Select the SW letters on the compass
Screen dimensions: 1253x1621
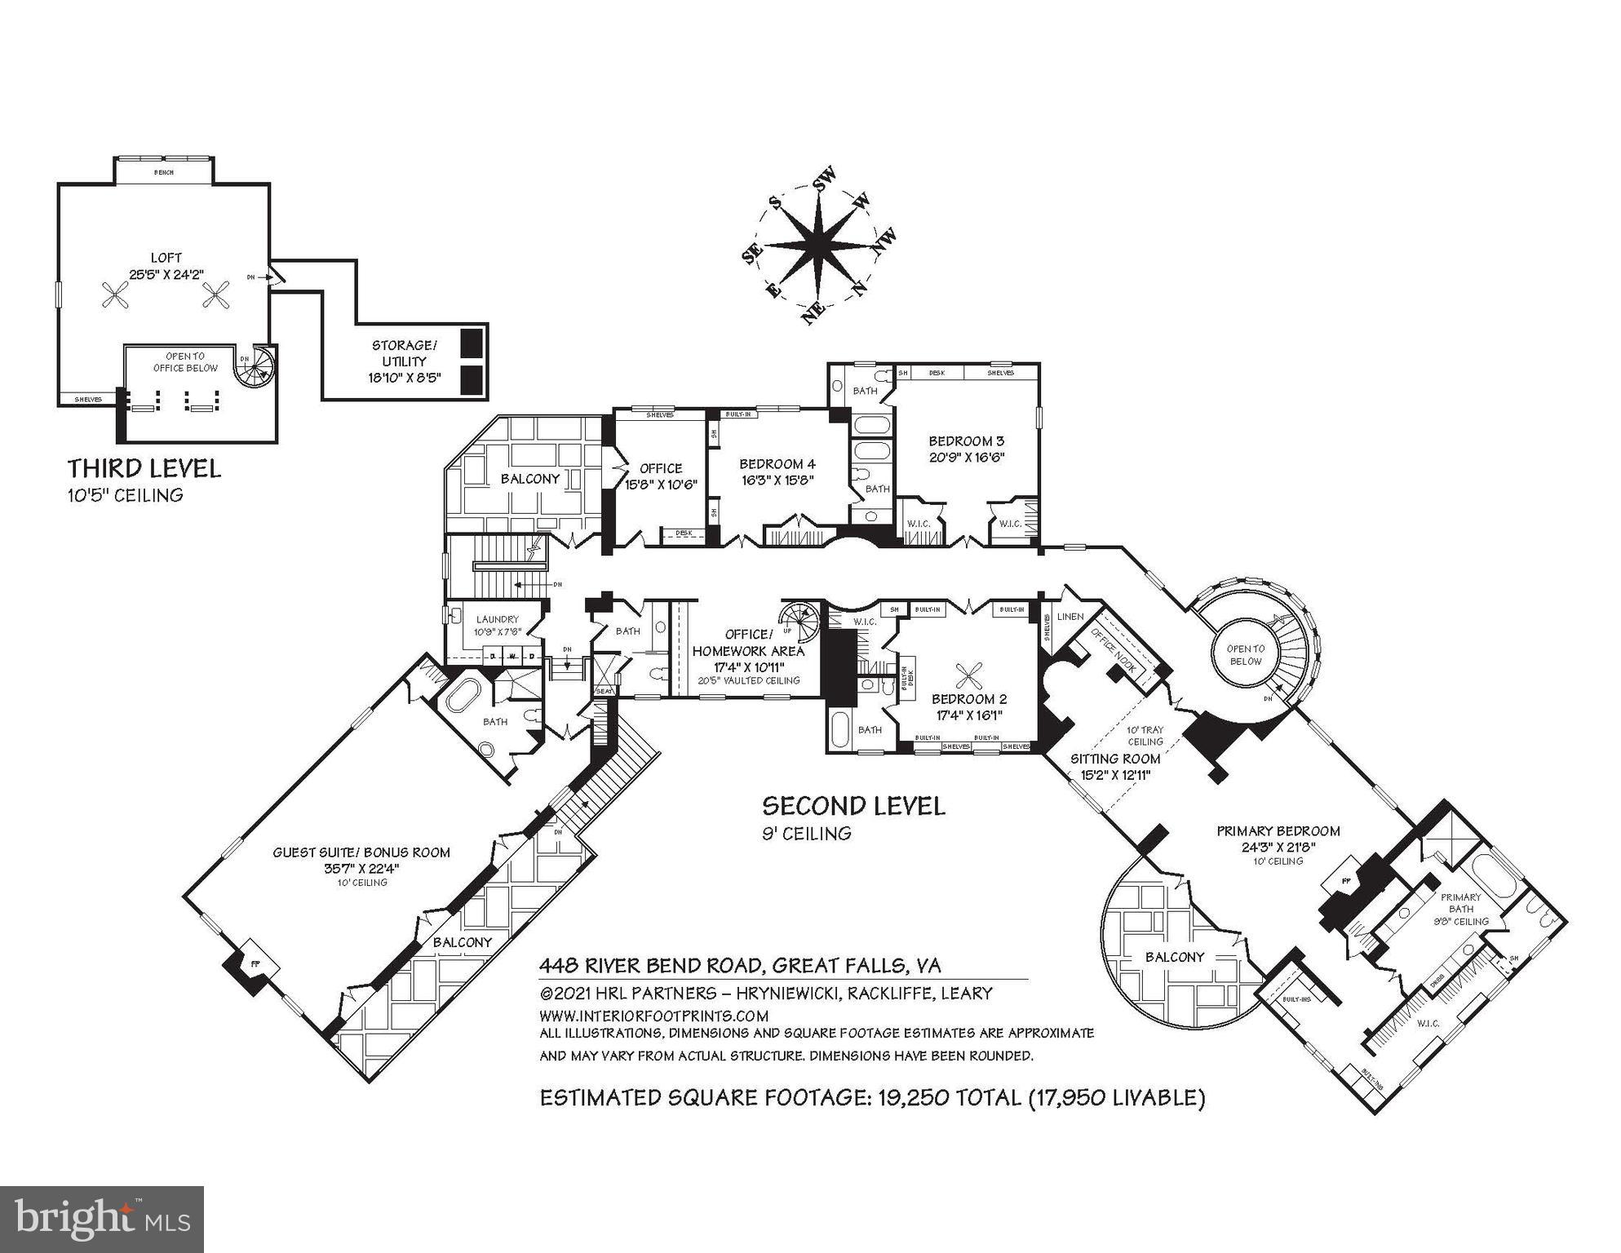(x=825, y=179)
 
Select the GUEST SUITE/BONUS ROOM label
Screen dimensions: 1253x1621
(x=361, y=852)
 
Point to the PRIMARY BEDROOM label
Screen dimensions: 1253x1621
(x=1278, y=831)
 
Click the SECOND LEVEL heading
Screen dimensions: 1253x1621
(x=853, y=806)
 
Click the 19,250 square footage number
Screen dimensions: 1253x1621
(x=913, y=1098)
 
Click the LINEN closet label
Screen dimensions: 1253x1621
(x=1070, y=617)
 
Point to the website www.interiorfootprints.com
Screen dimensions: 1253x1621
(x=653, y=1016)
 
